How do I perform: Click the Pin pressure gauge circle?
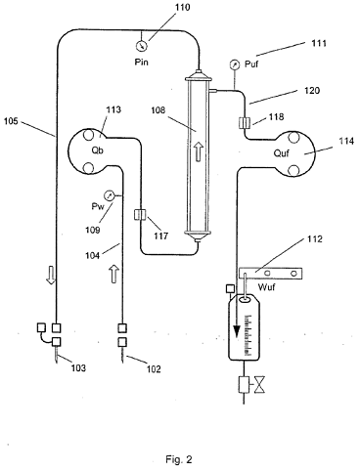(141, 45)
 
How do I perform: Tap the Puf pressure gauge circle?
(234, 64)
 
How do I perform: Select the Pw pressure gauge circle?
(109, 195)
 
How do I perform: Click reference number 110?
(182, 7)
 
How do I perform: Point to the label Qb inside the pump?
(98, 150)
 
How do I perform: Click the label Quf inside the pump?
(282, 152)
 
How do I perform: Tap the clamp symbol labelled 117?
(141, 215)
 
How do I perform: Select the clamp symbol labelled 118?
(244, 123)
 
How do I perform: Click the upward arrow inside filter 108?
(199, 152)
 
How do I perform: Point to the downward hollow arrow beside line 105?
(51, 276)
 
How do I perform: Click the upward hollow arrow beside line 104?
(113, 274)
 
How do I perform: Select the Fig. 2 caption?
(179, 459)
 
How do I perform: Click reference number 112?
(314, 238)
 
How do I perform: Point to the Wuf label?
(266, 287)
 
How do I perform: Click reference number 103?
(78, 367)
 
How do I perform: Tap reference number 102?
(154, 368)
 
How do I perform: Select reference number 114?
(346, 141)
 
